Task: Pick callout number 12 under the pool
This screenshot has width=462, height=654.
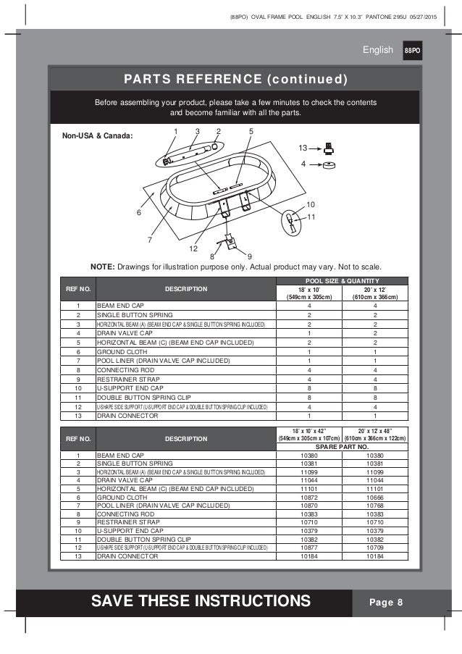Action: click(193, 248)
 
